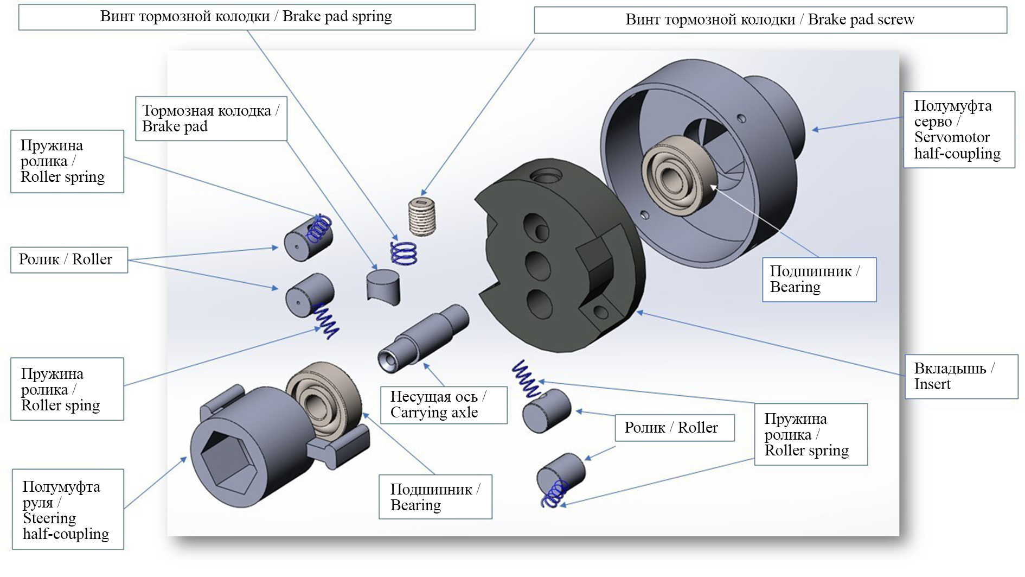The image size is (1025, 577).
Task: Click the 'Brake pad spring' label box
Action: pyautogui.click(x=247, y=17)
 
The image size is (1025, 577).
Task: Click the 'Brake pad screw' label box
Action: pyautogui.click(x=770, y=20)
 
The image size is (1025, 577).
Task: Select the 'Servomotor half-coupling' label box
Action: pyautogui.click(x=958, y=130)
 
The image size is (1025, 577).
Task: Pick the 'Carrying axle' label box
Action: pyautogui.click(x=443, y=405)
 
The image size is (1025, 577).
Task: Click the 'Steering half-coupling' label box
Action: pyautogui.click(x=67, y=510)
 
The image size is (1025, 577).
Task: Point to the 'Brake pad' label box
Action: pyautogui.click(x=210, y=118)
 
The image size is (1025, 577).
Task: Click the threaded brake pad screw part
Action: pyautogui.click(x=421, y=216)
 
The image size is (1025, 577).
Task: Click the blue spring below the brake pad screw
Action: pyautogui.click(x=405, y=253)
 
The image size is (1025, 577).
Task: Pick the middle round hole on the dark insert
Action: pyautogui.click(x=537, y=265)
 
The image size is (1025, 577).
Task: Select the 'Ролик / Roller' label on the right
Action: pyautogui.click(x=674, y=428)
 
